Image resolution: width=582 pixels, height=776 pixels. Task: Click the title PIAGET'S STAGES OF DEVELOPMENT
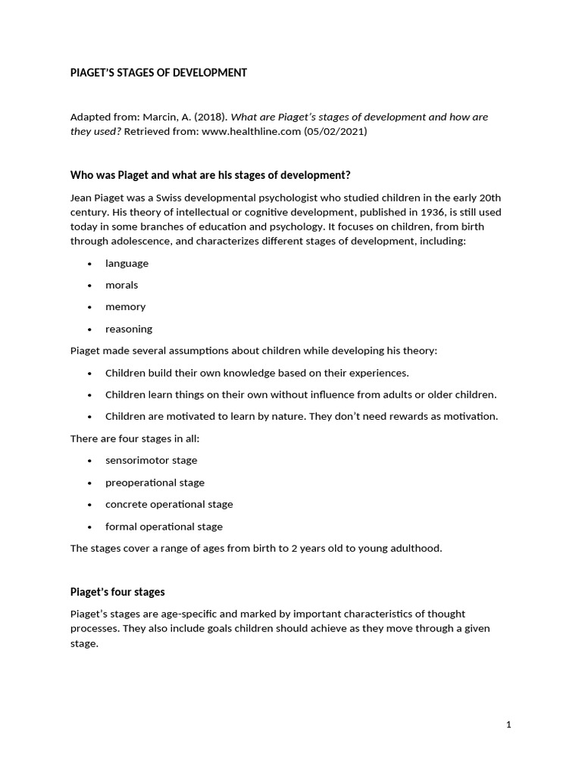(158, 73)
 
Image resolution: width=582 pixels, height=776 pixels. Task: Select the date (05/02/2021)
(336, 131)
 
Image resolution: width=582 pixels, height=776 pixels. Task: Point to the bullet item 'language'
(127, 263)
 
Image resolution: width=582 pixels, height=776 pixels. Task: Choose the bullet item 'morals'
(121, 285)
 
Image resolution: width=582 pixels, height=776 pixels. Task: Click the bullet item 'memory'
(125, 307)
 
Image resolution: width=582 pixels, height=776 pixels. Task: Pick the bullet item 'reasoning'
(128, 329)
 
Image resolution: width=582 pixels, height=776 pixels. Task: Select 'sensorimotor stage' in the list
(151, 460)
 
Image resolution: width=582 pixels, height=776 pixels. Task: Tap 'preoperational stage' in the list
(155, 482)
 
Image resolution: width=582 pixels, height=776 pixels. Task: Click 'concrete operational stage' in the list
(169, 504)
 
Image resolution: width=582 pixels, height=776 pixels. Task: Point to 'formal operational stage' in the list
(164, 526)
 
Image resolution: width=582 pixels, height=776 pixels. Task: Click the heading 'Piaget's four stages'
(117, 592)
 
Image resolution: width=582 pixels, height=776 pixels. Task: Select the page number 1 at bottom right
(508, 724)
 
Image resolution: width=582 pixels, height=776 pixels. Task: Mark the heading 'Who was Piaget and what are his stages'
(210, 175)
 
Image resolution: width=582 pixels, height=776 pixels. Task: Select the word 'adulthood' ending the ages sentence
(415, 548)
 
